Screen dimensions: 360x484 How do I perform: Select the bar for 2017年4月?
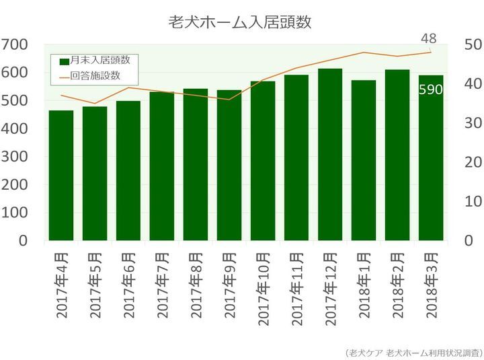click(61, 176)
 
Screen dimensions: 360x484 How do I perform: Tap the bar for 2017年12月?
click(330, 155)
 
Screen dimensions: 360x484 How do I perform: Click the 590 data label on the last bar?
click(430, 89)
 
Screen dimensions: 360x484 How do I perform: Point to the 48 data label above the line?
click(430, 37)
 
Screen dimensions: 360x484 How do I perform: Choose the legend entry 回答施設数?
click(94, 75)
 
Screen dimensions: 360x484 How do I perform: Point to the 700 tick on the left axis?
click(14, 44)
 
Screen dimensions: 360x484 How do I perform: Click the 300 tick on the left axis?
click(14, 157)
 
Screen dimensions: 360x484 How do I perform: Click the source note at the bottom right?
click(412, 351)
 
